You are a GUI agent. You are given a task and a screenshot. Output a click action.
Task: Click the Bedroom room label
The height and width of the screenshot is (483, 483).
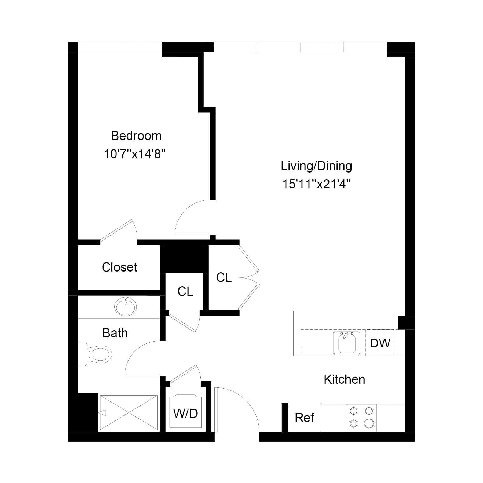pos(136,136)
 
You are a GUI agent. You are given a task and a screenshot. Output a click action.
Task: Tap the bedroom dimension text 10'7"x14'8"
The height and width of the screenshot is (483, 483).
pos(134,154)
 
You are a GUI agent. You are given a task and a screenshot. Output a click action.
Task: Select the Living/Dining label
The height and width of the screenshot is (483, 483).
pos(316,166)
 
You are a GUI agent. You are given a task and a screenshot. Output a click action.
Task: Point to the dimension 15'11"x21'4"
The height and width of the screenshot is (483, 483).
pos(316,184)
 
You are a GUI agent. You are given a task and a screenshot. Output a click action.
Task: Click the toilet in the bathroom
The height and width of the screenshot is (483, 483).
pos(98,354)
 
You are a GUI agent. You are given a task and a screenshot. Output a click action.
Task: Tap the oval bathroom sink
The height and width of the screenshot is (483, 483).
pos(125,306)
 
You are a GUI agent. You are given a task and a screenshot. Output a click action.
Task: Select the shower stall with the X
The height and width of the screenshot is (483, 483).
pos(129,413)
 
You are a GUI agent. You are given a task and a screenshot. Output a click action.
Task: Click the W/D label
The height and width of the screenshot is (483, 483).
pos(186,413)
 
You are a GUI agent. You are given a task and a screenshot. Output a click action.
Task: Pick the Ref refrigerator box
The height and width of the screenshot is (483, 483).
pos(304,418)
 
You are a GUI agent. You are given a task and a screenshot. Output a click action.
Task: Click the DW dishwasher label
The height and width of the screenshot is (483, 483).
pos(380,343)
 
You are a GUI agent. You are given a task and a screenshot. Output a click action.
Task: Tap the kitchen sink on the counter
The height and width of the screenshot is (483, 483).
pos(347,343)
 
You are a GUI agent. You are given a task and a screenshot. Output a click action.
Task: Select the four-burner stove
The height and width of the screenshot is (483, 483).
pos(361,418)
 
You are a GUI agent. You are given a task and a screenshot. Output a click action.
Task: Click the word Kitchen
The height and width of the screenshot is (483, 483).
pos(344,380)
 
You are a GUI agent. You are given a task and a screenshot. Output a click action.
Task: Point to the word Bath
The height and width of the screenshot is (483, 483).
pos(115,333)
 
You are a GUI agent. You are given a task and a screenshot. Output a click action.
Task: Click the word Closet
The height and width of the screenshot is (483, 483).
pos(119,267)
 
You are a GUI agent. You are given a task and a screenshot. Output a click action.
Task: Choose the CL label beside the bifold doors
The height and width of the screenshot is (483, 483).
pos(224,277)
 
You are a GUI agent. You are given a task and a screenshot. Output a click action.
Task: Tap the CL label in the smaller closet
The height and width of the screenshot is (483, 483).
pos(185,291)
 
